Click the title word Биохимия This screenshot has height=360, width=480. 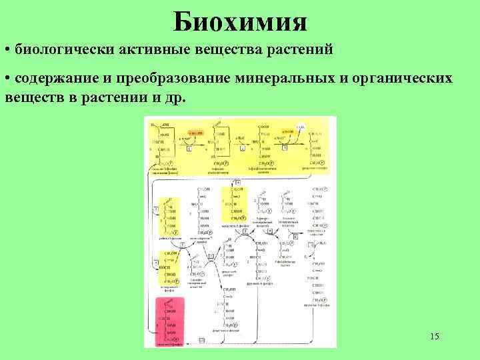240,21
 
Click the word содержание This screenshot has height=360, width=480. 55,79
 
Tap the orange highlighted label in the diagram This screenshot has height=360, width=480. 199,133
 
